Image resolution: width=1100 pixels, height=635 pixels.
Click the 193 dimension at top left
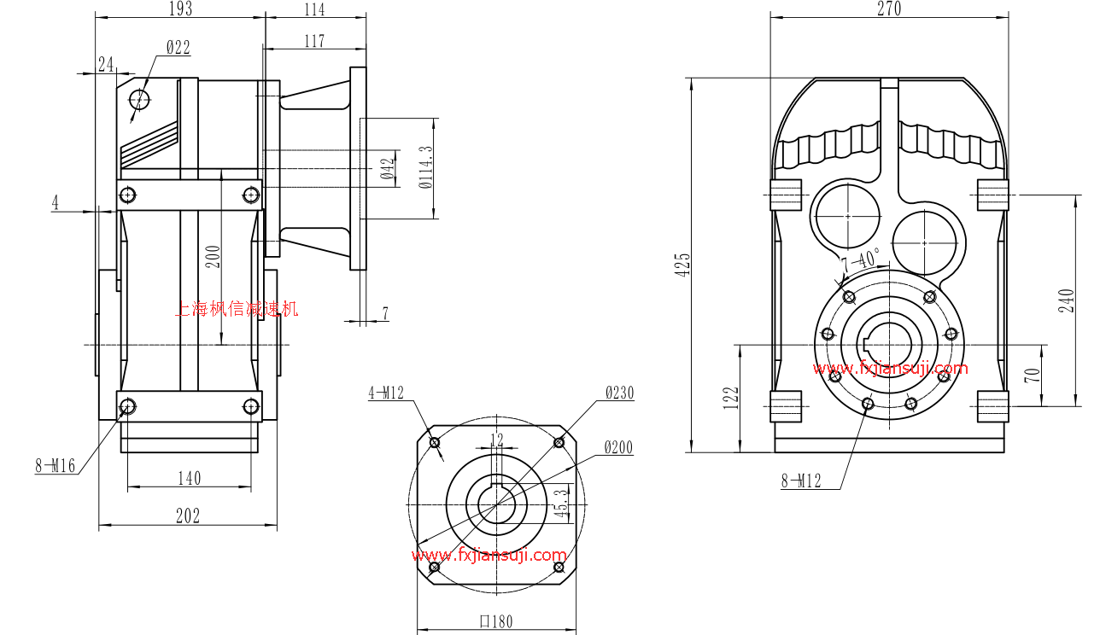(x=179, y=9)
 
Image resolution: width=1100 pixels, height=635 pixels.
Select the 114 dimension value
(x=314, y=9)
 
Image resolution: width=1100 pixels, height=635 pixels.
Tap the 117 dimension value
(x=314, y=40)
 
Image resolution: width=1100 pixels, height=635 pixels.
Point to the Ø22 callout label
(x=178, y=48)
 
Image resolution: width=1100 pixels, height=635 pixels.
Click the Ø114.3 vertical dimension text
(x=425, y=167)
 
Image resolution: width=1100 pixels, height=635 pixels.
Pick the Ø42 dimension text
(x=389, y=168)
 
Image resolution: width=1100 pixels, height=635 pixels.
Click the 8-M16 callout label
(x=55, y=466)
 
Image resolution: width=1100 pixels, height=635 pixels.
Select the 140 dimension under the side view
(x=189, y=478)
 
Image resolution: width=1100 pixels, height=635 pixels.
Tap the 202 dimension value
(x=187, y=516)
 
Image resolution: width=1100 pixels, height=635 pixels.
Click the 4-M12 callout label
(x=385, y=393)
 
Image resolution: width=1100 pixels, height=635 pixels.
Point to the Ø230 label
(x=619, y=393)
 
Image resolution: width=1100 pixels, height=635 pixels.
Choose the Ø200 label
(x=619, y=447)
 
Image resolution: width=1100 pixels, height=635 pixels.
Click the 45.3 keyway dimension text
(x=560, y=504)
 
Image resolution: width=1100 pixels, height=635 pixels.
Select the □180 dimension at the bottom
(x=495, y=621)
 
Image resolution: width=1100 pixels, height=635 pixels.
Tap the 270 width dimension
(x=888, y=9)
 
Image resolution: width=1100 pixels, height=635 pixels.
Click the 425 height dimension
(x=682, y=265)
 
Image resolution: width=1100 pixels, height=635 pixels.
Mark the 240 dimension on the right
(x=1067, y=300)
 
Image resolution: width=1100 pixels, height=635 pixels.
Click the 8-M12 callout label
(x=800, y=481)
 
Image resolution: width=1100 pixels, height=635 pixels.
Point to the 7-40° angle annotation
(x=860, y=259)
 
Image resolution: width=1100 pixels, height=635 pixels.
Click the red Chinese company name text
(x=237, y=309)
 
